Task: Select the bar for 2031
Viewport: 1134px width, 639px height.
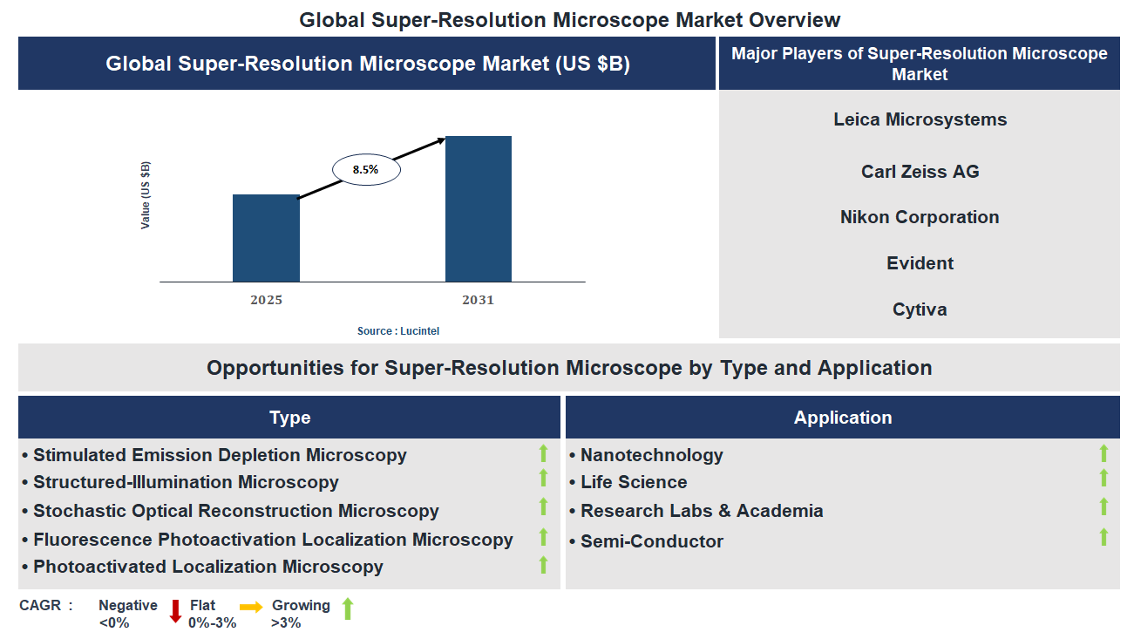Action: [478, 209]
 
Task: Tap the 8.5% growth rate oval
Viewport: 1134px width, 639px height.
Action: [365, 170]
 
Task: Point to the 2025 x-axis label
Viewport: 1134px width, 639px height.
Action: [266, 300]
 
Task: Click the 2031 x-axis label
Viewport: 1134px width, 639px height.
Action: [478, 300]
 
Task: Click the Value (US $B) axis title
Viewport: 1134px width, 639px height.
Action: [146, 195]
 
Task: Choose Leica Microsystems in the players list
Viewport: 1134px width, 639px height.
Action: [920, 119]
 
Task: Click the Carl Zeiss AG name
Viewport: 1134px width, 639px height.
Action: [920, 172]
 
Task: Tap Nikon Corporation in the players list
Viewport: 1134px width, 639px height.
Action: [920, 217]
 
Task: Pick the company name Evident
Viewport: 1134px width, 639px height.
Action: [920, 263]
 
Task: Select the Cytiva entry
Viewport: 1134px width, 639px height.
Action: [920, 309]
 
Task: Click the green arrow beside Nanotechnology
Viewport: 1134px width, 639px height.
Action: [1103, 453]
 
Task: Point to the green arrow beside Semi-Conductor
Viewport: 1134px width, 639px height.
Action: [1103, 537]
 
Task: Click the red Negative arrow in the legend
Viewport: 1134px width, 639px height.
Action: [175, 611]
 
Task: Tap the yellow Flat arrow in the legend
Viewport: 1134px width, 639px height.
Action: [251, 608]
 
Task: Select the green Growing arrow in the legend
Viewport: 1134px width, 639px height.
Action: [347, 608]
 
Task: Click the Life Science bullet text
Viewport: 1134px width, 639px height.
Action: [634, 482]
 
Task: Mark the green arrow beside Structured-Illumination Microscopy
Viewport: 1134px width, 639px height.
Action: [543, 478]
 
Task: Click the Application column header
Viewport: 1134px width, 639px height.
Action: [842, 418]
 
